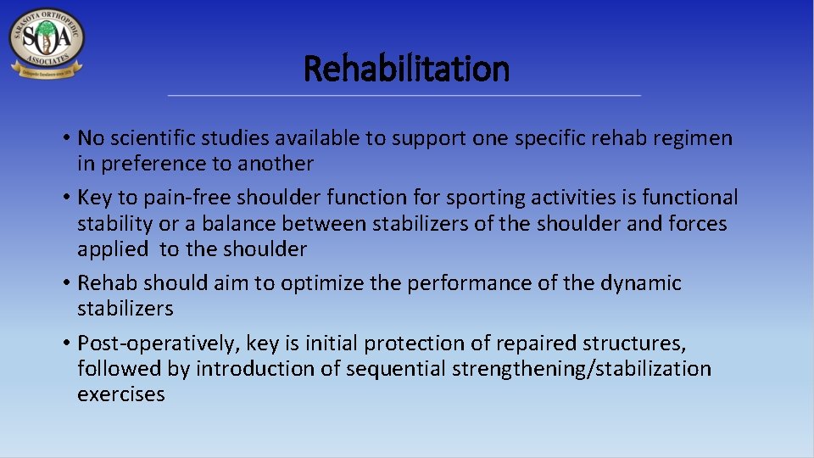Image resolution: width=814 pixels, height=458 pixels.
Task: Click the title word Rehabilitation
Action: [x=406, y=69]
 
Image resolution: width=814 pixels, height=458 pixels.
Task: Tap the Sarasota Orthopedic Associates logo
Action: [x=47, y=43]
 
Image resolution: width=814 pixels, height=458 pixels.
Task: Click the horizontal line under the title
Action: [x=404, y=96]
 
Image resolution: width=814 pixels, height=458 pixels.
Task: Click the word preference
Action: [x=162, y=164]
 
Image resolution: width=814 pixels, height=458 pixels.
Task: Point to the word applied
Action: [x=110, y=249]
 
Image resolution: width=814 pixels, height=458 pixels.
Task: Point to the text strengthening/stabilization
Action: [x=582, y=369]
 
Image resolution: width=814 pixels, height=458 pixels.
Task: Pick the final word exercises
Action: [x=121, y=394]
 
